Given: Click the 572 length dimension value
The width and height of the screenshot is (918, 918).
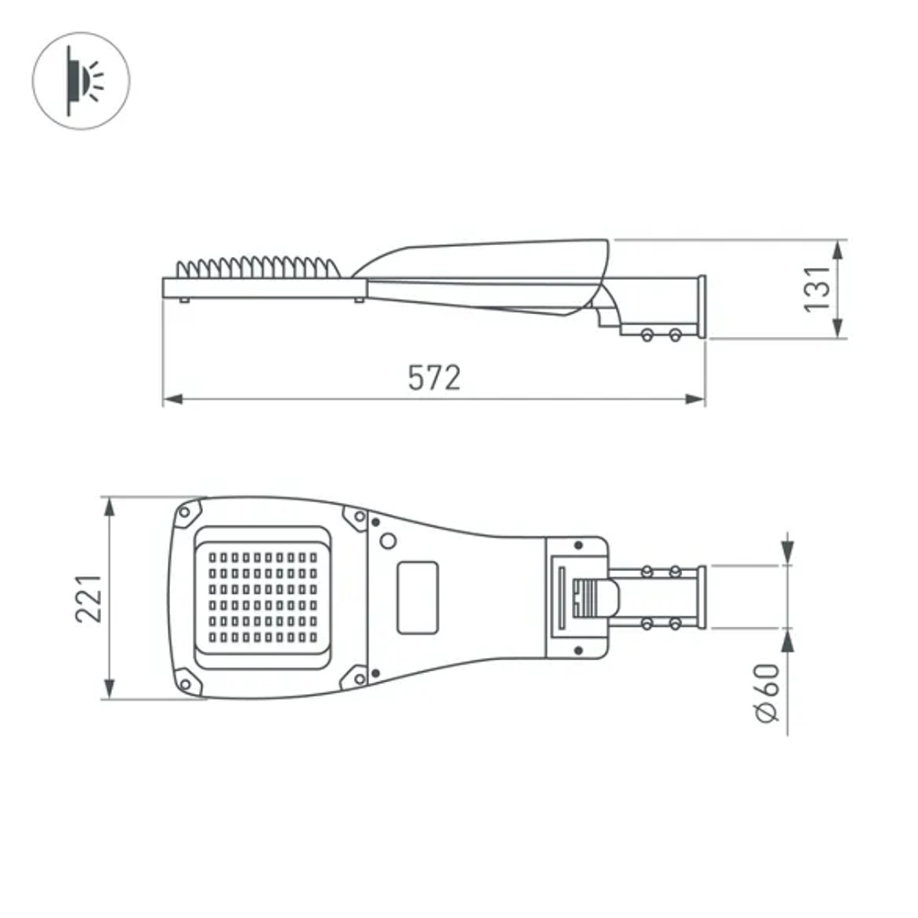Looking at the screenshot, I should point(433,378).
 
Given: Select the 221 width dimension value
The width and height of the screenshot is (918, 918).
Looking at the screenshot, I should point(88,599).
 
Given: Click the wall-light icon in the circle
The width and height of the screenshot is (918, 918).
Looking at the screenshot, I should point(81,79).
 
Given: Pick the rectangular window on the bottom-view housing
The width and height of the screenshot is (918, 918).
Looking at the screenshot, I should point(418,597).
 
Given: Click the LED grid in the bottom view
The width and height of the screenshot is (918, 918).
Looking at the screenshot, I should point(262,597).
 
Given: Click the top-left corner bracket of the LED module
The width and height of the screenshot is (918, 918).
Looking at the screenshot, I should point(189,512).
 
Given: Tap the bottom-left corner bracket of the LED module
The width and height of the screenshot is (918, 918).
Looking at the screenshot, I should point(189,682).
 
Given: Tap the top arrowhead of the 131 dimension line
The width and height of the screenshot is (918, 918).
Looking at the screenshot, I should point(839,249).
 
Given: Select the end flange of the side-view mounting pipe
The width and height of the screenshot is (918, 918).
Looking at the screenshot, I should point(702,308).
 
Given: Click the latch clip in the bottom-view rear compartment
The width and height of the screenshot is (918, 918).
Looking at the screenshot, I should point(592,597).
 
